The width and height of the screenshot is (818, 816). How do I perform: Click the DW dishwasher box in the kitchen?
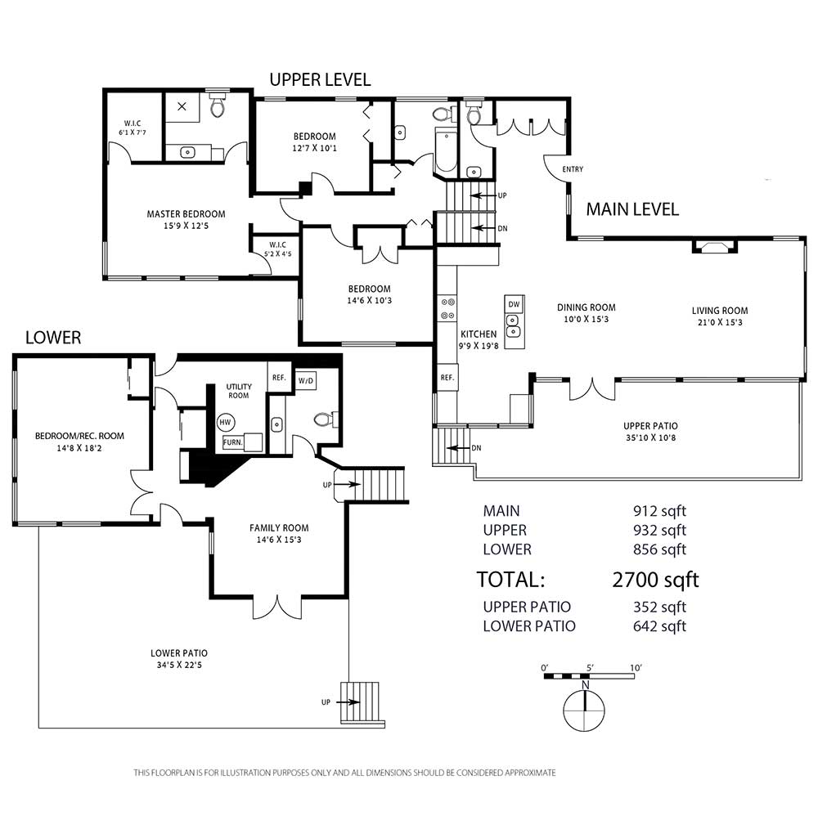point(514,304)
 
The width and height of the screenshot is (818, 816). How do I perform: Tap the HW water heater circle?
point(225,423)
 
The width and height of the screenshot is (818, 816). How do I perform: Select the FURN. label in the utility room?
point(232,442)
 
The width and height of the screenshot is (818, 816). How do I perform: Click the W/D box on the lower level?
point(306,381)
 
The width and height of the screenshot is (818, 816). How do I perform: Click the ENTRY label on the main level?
point(573,169)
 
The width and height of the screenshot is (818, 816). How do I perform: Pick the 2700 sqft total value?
point(655,579)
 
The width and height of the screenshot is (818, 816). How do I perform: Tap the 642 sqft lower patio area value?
point(659,625)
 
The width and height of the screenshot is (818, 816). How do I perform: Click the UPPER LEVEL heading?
point(320,79)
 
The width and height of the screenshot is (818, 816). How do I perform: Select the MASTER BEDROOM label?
point(187,213)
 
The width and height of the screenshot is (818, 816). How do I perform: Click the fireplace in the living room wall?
point(714,245)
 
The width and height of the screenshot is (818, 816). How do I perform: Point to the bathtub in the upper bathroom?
point(445,151)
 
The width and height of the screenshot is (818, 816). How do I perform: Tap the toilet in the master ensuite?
point(217,105)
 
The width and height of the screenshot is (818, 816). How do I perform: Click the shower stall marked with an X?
point(182,107)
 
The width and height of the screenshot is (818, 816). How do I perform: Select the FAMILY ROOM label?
point(279,527)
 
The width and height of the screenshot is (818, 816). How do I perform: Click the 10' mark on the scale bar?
point(636,667)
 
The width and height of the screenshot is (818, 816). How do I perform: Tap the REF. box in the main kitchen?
point(447,378)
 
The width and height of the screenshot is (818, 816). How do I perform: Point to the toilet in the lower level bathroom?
point(326,419)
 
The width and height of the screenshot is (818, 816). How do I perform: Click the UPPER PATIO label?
point(650,426)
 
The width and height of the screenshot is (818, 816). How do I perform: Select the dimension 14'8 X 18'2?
point(79,448)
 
